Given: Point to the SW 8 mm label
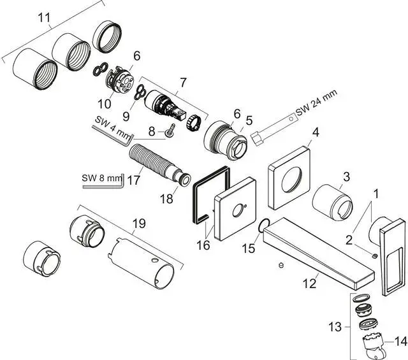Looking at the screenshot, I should click(x=101, y=178).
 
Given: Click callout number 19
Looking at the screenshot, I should click(x=139, y=224).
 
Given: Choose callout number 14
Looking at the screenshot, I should click(x=400, y=342).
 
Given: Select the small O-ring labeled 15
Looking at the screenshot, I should click(x=262, y=224).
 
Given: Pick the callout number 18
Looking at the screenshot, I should click(x=166, y=199).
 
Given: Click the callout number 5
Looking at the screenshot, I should click(x=249, y=119).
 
